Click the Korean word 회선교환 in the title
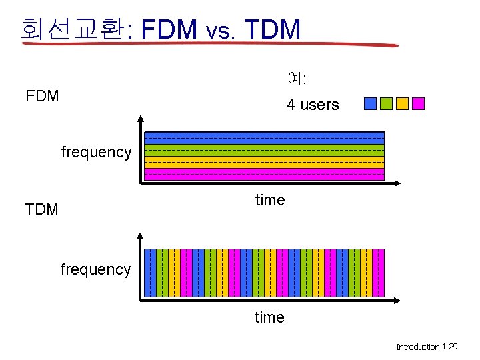(x=72, y=29)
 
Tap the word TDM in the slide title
(x=273, y=29)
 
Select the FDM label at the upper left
(x=42, y=96)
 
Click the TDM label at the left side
(x=41, y=209)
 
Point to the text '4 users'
(x=313, y=105)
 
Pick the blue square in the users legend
(x=370, y=103)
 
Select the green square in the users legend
(x=386, y=103)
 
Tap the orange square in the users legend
(x=402, y=103)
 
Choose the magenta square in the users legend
(x=418, y=103)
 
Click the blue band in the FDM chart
(x=265, y=138)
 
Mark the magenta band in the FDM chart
(x=265, y=174)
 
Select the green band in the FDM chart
(x=265, y=150)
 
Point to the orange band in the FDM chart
(x=265, y=162)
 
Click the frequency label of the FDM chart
(x=96, y=152)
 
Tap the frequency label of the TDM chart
(x=95, y=269)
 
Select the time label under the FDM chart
(x=270, y=200)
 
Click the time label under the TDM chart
(x=269, y=317)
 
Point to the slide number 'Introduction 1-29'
(x=427, y=347)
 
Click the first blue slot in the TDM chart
(x=150, y=272)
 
